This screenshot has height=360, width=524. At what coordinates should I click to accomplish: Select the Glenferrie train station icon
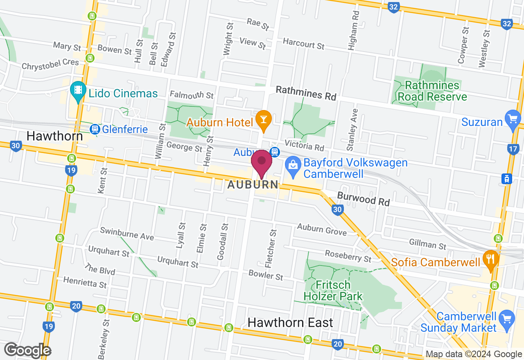point(95,130)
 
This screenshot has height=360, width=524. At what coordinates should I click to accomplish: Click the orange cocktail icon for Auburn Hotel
point(264,119)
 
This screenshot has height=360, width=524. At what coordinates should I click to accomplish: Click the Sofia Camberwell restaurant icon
point(490,259)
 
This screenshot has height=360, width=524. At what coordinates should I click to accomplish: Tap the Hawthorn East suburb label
point(290,322)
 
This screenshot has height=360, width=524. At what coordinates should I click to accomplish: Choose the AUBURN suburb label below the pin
point(253,185)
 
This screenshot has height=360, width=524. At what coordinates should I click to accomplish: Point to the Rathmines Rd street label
point(306,93)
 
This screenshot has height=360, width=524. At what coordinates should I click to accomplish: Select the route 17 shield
point(513,149)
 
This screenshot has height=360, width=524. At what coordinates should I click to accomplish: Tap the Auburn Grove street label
point(322,229)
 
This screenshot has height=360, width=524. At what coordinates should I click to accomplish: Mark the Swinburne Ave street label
point(127,234)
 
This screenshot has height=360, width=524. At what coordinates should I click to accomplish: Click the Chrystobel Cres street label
point(50,65)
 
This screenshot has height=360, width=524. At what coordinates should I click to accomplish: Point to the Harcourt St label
point(304,43)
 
